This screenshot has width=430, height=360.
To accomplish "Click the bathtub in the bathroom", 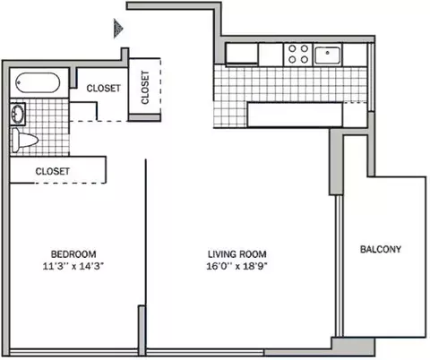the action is [38, 82].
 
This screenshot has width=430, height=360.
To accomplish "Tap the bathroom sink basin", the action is [17, 114].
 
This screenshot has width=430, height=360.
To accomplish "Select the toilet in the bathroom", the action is [23, 140].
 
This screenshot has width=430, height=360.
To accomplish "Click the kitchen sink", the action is [328, 56].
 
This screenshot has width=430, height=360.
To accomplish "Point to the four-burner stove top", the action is [298, 54].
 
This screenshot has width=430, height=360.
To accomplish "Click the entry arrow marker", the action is [118, 29].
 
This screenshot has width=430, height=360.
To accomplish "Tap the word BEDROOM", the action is [73, 254].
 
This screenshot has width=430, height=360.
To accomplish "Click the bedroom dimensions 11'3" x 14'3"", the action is [73, 266].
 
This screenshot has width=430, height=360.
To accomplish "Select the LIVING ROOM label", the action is [237, 254].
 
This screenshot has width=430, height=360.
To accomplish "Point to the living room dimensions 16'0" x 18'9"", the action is [236, 266].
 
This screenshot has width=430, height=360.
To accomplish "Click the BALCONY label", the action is [381, 249].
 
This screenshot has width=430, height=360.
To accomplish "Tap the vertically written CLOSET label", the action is [145, 87].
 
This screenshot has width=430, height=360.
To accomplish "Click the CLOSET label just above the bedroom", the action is [53, 171].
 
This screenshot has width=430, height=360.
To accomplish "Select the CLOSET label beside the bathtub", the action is [104, 89].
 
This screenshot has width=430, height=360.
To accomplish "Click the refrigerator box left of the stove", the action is [242, 54].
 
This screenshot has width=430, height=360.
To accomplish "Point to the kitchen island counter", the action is [295, 115].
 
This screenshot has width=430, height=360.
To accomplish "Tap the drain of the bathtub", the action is [19, 82].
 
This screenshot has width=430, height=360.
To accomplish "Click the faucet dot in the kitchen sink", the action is [328, 53].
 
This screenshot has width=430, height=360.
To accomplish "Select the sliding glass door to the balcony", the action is [339, 266].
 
